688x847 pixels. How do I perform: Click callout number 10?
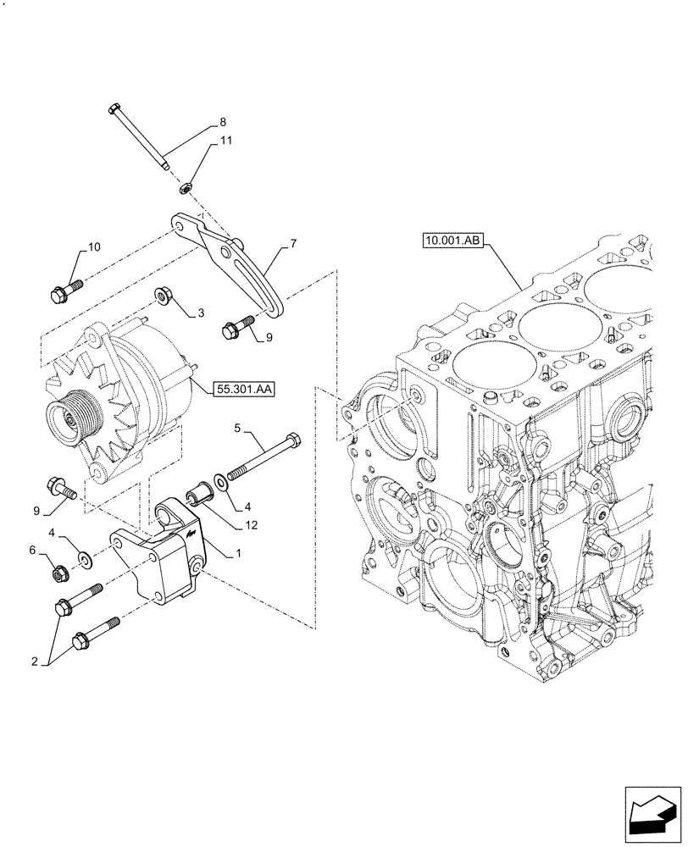tap(93, 247)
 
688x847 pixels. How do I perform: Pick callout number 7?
tap(292, 244)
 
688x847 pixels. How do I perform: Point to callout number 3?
tap(201, 313)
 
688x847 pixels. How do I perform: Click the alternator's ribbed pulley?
tap(72, 417)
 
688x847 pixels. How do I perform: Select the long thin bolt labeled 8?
tap(140, 136)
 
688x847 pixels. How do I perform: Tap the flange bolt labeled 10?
tap(66, 291)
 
